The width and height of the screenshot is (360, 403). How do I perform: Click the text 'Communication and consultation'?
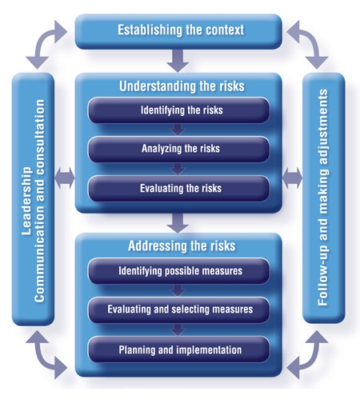(40, 200)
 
